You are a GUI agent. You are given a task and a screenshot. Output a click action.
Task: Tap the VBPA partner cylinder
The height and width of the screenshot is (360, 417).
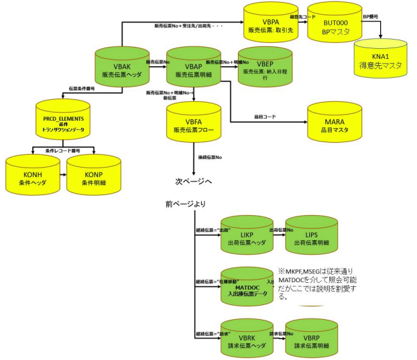[x=269, y=25]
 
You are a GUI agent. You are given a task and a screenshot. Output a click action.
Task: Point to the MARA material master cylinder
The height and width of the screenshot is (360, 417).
[x=335, y=123]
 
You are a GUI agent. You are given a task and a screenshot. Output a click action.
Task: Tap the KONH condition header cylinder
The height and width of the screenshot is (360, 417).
[x=32, y=176]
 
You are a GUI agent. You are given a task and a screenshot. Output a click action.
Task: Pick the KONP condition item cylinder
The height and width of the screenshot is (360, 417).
[x=93, y=176]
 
